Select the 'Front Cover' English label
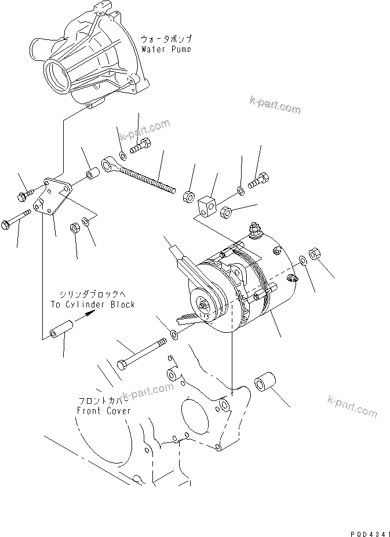[104, 411]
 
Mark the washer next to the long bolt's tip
[174, 335]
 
